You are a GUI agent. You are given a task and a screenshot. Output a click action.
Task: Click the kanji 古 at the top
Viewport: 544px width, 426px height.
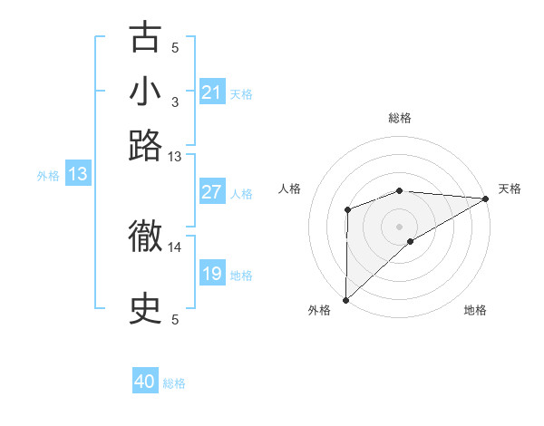point(145,38)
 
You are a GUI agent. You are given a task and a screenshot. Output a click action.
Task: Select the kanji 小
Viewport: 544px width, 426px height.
point(145,92)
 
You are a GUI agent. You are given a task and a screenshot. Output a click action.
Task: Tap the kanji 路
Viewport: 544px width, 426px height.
point(145,145)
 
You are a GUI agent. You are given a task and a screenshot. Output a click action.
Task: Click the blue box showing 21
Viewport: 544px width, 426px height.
point(211,92)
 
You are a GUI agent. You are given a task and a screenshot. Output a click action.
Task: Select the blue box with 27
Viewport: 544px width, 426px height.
point(211,192)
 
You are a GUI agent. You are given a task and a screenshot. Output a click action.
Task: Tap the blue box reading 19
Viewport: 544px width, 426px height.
point(211,274)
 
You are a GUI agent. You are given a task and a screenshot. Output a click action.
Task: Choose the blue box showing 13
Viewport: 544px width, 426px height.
point(78,175)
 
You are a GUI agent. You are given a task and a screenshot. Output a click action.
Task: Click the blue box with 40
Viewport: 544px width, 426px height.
point(145,382)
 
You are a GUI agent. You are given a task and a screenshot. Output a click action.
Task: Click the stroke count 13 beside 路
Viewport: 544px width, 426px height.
point(175,156)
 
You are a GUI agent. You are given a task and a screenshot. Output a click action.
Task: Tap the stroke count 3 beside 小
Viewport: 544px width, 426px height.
point(175,102)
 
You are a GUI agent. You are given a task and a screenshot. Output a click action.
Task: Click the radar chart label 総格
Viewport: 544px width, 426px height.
point(400,118)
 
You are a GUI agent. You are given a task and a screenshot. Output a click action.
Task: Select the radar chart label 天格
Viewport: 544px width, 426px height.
point(510,189)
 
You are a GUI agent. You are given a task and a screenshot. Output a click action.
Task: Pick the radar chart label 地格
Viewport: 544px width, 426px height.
point(475,310)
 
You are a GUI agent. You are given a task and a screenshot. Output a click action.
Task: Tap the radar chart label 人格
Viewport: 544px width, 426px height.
point(290,189)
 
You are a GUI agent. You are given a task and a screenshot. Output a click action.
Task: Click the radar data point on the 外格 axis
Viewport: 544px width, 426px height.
point(345,299)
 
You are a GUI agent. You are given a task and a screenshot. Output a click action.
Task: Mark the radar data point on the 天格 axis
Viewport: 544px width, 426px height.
point(486,198)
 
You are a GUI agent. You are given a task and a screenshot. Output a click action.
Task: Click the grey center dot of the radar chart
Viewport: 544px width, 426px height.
point(400,226)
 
